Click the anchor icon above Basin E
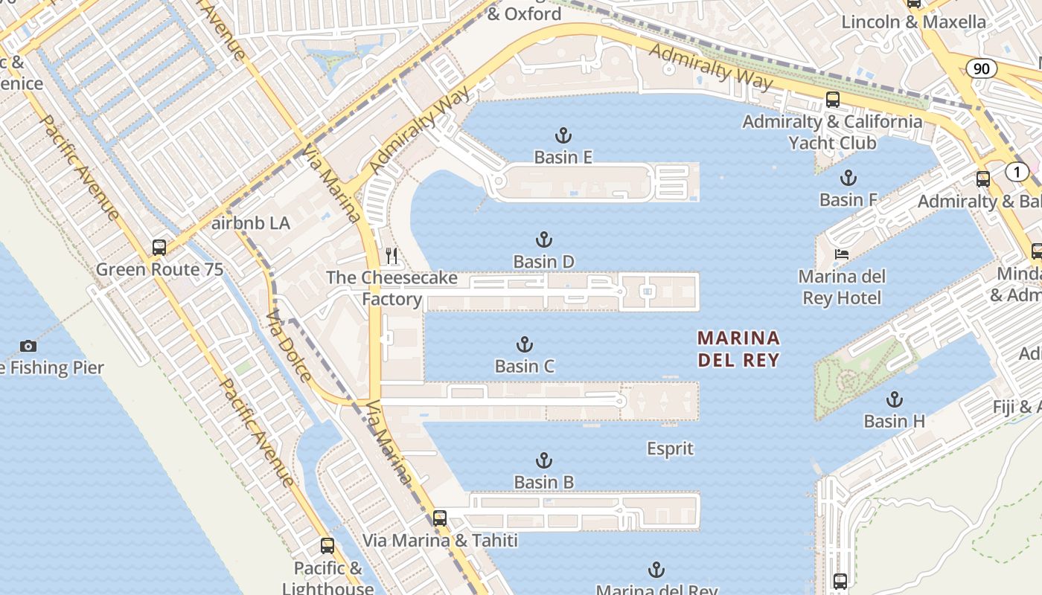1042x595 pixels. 563,135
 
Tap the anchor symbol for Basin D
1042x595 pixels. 544,239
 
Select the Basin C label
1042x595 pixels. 525,366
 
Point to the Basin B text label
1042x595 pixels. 544,482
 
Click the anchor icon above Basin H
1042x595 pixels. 894,399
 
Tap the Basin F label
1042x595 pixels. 848,199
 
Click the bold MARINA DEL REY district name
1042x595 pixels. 738,350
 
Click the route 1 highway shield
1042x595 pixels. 1017,172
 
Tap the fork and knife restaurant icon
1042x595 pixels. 391,256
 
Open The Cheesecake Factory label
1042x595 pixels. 391,289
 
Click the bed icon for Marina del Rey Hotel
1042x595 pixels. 841,254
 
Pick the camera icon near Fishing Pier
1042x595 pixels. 28,346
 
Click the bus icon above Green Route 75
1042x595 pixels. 159,247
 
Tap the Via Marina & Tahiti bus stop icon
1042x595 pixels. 440,518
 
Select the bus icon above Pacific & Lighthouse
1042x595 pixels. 327,546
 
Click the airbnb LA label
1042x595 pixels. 251,223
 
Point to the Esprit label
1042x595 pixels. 670,448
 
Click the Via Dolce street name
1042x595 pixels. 289,346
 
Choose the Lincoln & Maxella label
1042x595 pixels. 913,22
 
